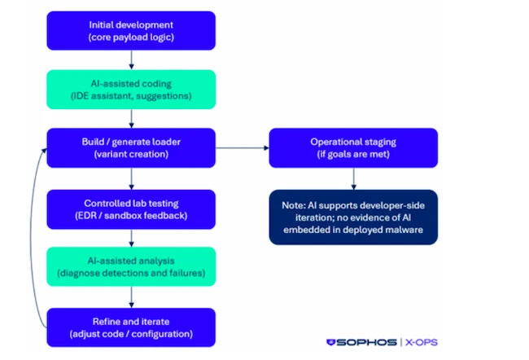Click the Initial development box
(x=131, y=31)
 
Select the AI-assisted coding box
(x=131, y=90)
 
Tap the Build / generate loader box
(x=131, y=148)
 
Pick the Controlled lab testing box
(x=131, y=209)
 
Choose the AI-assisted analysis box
(x=131, y=266)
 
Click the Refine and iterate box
(x=131, y=327)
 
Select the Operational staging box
(x=353, y=148)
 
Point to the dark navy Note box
(x=353, y=217)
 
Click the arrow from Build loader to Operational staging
(x=243, y=148)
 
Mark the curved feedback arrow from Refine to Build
(x=31, y=236)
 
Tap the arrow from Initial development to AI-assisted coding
(x=131, y=59)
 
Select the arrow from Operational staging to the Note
(x=353, y=178)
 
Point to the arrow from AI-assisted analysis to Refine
(x=131, y=297)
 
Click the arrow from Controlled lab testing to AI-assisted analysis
(x=131, y=238)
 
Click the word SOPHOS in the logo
(x=366, y=342)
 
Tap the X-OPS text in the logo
(x=422, y=342)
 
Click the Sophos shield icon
(x=330, y=342)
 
